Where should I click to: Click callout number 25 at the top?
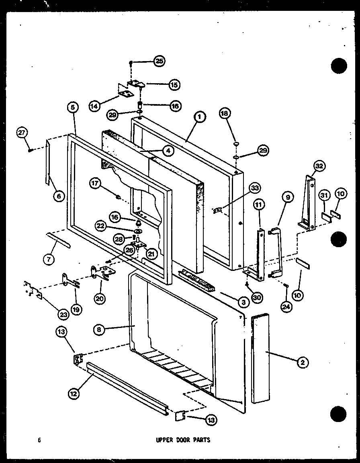(160, 61)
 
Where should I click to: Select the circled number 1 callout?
(198, 117)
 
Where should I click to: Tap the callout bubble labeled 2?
(302, 363)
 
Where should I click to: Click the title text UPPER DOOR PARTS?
(183, 440)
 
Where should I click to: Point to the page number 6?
(39, 440)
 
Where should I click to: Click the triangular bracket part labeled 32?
(308, 203)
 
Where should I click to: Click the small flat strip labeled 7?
(59, 240)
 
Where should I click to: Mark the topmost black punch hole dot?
(339, 66)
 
